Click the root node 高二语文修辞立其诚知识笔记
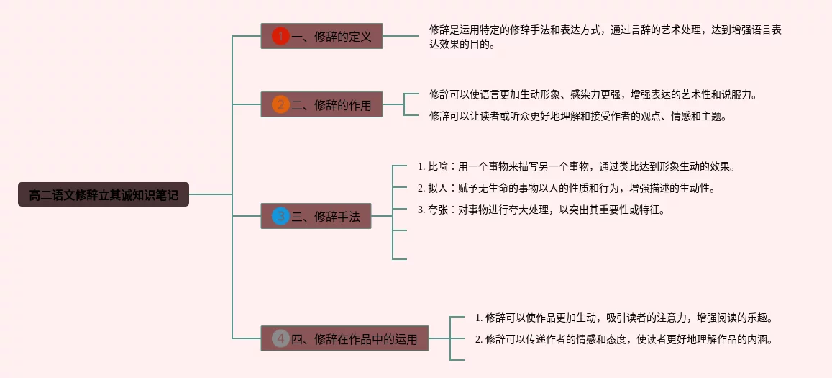click(x=104, y=194)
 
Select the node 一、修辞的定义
click(x=321, y=36)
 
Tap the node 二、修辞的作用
click(x=321, y=105)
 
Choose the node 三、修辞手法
click(x=316, y=216)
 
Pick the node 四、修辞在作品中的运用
click(x=344, y=338)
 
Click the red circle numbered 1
click(x=280, y=36)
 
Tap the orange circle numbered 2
click(x=280, y=105)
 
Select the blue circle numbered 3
click(x=280, y=216)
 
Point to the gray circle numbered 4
click(x=280, y=338)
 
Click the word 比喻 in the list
click(x=438, y=167)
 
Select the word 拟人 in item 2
click(x=438, y=189)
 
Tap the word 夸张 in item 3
click(x=438, y=210)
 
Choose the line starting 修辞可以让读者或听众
click(x=577, y=115)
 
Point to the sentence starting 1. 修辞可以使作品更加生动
click(x=623, y=317)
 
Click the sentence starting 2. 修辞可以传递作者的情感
click(x=623, y=339)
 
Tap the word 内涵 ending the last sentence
click(x=760, y=339)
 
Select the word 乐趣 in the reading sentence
click(x=760, y=317)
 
